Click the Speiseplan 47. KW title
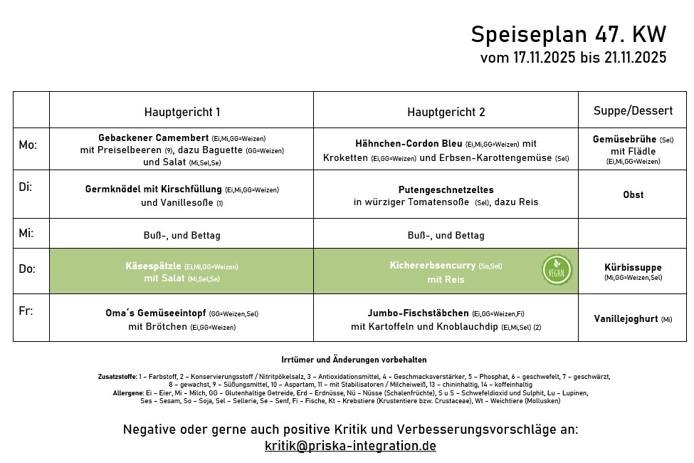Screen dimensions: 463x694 coord(568,34)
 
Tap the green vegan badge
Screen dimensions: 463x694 coord(557,270)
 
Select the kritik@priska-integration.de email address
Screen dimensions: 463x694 coord(350,446)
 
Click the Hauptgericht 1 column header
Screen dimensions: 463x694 coord(182,112)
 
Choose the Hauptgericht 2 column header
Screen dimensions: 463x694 coord(446,112)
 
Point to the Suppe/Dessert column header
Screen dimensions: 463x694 coord(633,110)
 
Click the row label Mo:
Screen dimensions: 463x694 coord(28,145)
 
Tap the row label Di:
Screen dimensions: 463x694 coord(25,187)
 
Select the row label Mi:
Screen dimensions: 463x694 coord(26,233)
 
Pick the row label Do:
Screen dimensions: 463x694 coord(27,269)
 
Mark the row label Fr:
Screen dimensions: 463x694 coord(25,311)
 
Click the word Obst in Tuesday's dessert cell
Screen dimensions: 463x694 coord(633,194)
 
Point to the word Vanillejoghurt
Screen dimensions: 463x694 coord(626,318)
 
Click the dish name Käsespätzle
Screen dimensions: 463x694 coord(153,266)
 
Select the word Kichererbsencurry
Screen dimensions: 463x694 coord(432,265)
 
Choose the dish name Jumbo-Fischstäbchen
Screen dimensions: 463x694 coord(418,313)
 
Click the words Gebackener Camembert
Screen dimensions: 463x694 coord(153,137)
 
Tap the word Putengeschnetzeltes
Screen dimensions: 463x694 coord(446,189)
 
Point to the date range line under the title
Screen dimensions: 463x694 coord(573,58)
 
